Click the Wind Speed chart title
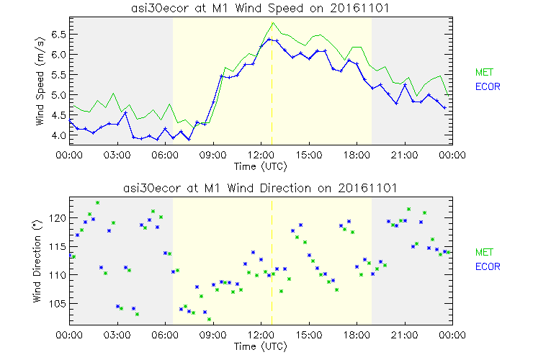tap(260, 7)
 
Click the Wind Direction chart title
tap(260, 189)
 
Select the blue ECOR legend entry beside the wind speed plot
tap(489, 86)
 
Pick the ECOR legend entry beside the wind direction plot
tap(489, 266)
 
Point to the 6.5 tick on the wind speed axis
tap(57, 34)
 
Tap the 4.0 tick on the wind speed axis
tap(57, 135)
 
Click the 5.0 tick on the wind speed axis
tap(57, 94)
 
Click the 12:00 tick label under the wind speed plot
tap(261, 155)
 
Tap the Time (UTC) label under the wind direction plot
tap(260, 347)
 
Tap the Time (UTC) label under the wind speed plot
tap(260, 166)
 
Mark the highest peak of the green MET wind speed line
tap(273, 23)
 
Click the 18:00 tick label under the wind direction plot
tap(357, 335)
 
